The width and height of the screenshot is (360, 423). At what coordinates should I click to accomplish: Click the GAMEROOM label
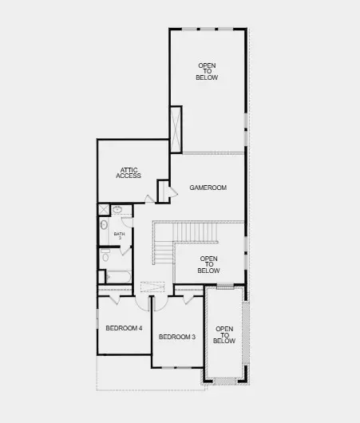tap(208, 188)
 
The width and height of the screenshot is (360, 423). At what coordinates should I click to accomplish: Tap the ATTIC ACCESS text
tap(130, 172)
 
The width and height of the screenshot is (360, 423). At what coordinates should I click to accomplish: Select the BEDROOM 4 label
tap(124, 328)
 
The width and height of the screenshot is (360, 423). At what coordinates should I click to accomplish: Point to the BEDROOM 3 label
tap(177, 337)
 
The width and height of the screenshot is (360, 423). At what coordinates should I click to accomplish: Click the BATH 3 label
tap(118, 235)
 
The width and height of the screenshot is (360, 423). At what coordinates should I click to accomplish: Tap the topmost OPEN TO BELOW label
tap(208, 71)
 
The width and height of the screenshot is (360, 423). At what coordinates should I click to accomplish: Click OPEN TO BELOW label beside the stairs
tap(208, 264)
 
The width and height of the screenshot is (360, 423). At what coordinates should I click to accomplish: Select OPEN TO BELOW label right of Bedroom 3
tap(224, 335)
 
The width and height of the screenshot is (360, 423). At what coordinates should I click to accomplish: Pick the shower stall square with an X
tap(104, 210)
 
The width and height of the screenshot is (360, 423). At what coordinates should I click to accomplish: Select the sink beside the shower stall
tap(117, 210)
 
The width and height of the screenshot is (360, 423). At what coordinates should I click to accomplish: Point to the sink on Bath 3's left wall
tap(104, 225)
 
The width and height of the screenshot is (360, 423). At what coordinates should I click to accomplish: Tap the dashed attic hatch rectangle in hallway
tap(152, 287)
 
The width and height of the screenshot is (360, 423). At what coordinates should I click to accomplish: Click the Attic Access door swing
tap(150, 198)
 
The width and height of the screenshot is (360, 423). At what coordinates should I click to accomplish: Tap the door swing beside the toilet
tap(126, 247)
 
